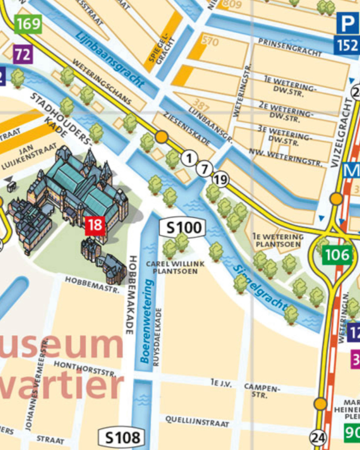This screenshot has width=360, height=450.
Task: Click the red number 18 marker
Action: click(x=95, y=225)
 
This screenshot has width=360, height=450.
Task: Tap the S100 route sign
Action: click(x=182, y=228)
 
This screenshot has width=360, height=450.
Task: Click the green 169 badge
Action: click(x=28, y=24)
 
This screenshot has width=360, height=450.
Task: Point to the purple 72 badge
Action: click(x=22, y=54)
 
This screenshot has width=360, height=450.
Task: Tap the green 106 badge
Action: click(x=336, y=255)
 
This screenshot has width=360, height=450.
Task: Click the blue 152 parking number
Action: click(x=347, y=45)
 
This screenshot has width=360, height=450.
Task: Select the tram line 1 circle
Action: click(x=190, y=157)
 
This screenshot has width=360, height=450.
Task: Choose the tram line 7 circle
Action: click(x=205, y=169)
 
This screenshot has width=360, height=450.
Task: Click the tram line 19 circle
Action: click(x=220, y=181)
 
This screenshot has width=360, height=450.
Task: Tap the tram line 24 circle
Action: click(x=318, y=439)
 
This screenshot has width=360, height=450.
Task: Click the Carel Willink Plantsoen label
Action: click(x=175, y=267)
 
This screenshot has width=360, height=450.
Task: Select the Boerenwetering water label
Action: click(x=147, y=321)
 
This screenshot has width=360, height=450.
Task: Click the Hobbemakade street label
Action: click(x=130, y=295)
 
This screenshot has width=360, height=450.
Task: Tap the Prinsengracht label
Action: click(x=289, y=48)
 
